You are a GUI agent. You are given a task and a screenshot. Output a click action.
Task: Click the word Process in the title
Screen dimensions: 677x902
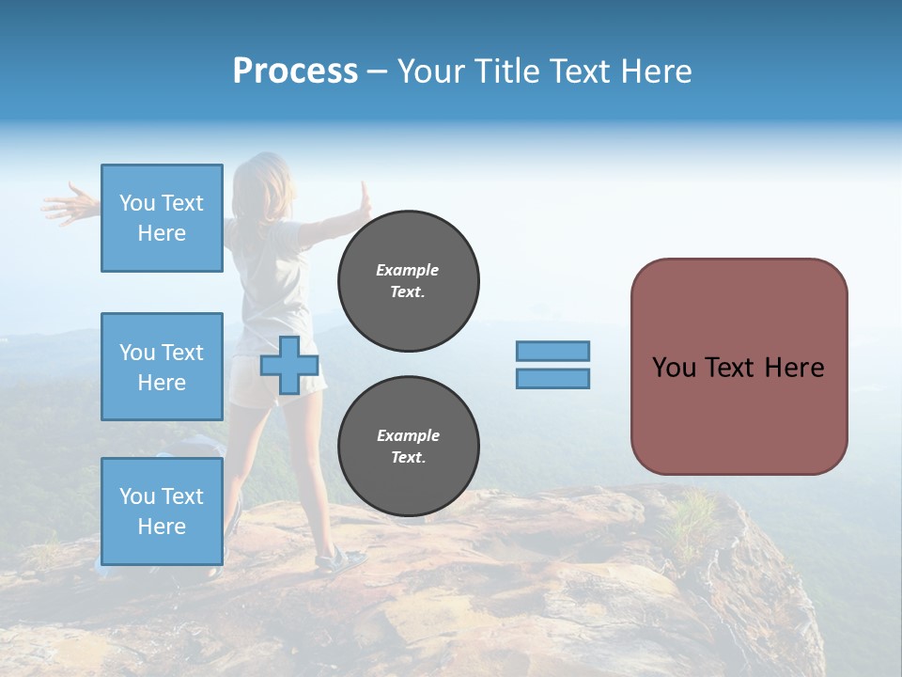295,71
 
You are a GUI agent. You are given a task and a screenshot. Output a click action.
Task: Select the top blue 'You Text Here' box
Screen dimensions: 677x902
162,218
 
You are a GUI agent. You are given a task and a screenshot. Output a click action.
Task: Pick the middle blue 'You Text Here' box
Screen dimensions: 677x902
162,367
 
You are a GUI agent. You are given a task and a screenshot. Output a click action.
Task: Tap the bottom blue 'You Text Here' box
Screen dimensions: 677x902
162,511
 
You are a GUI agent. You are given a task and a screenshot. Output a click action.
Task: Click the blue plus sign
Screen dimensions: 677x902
289,366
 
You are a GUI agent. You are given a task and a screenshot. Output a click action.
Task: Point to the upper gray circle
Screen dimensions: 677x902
408,281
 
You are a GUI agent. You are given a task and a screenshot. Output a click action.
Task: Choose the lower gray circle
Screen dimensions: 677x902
408,447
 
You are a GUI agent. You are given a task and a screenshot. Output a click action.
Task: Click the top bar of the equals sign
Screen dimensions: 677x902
552,352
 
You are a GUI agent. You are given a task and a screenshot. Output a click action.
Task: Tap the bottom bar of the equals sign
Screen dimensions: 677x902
552,378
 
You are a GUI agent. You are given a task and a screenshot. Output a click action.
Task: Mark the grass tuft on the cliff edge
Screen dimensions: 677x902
693,513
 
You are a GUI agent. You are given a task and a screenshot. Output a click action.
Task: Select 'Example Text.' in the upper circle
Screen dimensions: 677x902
408,281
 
